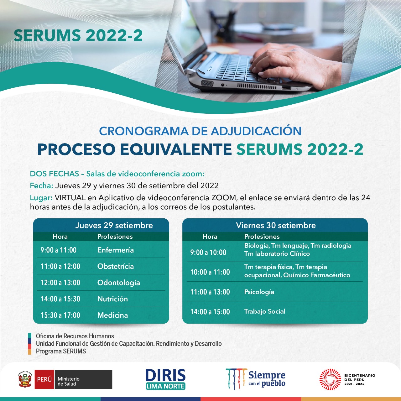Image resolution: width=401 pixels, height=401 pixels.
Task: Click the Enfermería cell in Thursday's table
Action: pyautogui.click(x=116, y=250)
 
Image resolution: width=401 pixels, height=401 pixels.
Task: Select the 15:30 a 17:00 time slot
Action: pyautogui.click(x=60, y=315)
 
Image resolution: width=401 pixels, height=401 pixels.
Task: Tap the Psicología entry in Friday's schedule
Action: pyautogui.click(x=259, y=292)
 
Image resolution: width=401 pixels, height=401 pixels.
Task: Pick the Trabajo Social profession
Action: pyautogui.click(x=265, y=311)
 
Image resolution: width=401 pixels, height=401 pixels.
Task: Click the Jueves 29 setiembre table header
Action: pyautogui.click(x=114, y=225)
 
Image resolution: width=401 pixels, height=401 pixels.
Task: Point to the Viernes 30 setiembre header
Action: pyautogui.click(x=276, y=225)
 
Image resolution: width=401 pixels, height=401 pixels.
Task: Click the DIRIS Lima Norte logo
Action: pyautogui.click(x=166, y=379)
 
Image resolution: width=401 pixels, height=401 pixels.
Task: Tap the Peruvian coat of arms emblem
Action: pyautogui.click(x=25, y=379)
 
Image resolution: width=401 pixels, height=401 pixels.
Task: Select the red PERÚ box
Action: pyautogui.click(x=44, y=379)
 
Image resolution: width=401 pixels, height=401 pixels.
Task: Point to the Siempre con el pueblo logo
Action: pyautogui.click(x=256, y=379)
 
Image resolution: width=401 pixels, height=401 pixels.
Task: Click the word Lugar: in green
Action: pyautogui.click(x=41, y=198)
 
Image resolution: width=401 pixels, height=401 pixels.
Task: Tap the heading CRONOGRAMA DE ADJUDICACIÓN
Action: pyautogui.click(x=200, y=131)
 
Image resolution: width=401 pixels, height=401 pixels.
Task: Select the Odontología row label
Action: pyautogui.click(x=119, y=283)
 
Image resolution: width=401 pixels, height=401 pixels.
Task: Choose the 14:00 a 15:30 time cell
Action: pyautogui.click(x=60, y=299)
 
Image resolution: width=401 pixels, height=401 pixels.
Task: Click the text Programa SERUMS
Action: pyautogui.click(x=61, y=351)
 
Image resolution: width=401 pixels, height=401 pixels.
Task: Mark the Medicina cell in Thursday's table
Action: pyautogui.click(x=112, y=315)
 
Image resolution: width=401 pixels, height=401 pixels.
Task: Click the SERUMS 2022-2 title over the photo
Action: pyautogui.click(x=78, y=35)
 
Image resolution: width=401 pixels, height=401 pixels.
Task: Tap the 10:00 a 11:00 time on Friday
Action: pyautogui.click(x=210, y=272)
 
